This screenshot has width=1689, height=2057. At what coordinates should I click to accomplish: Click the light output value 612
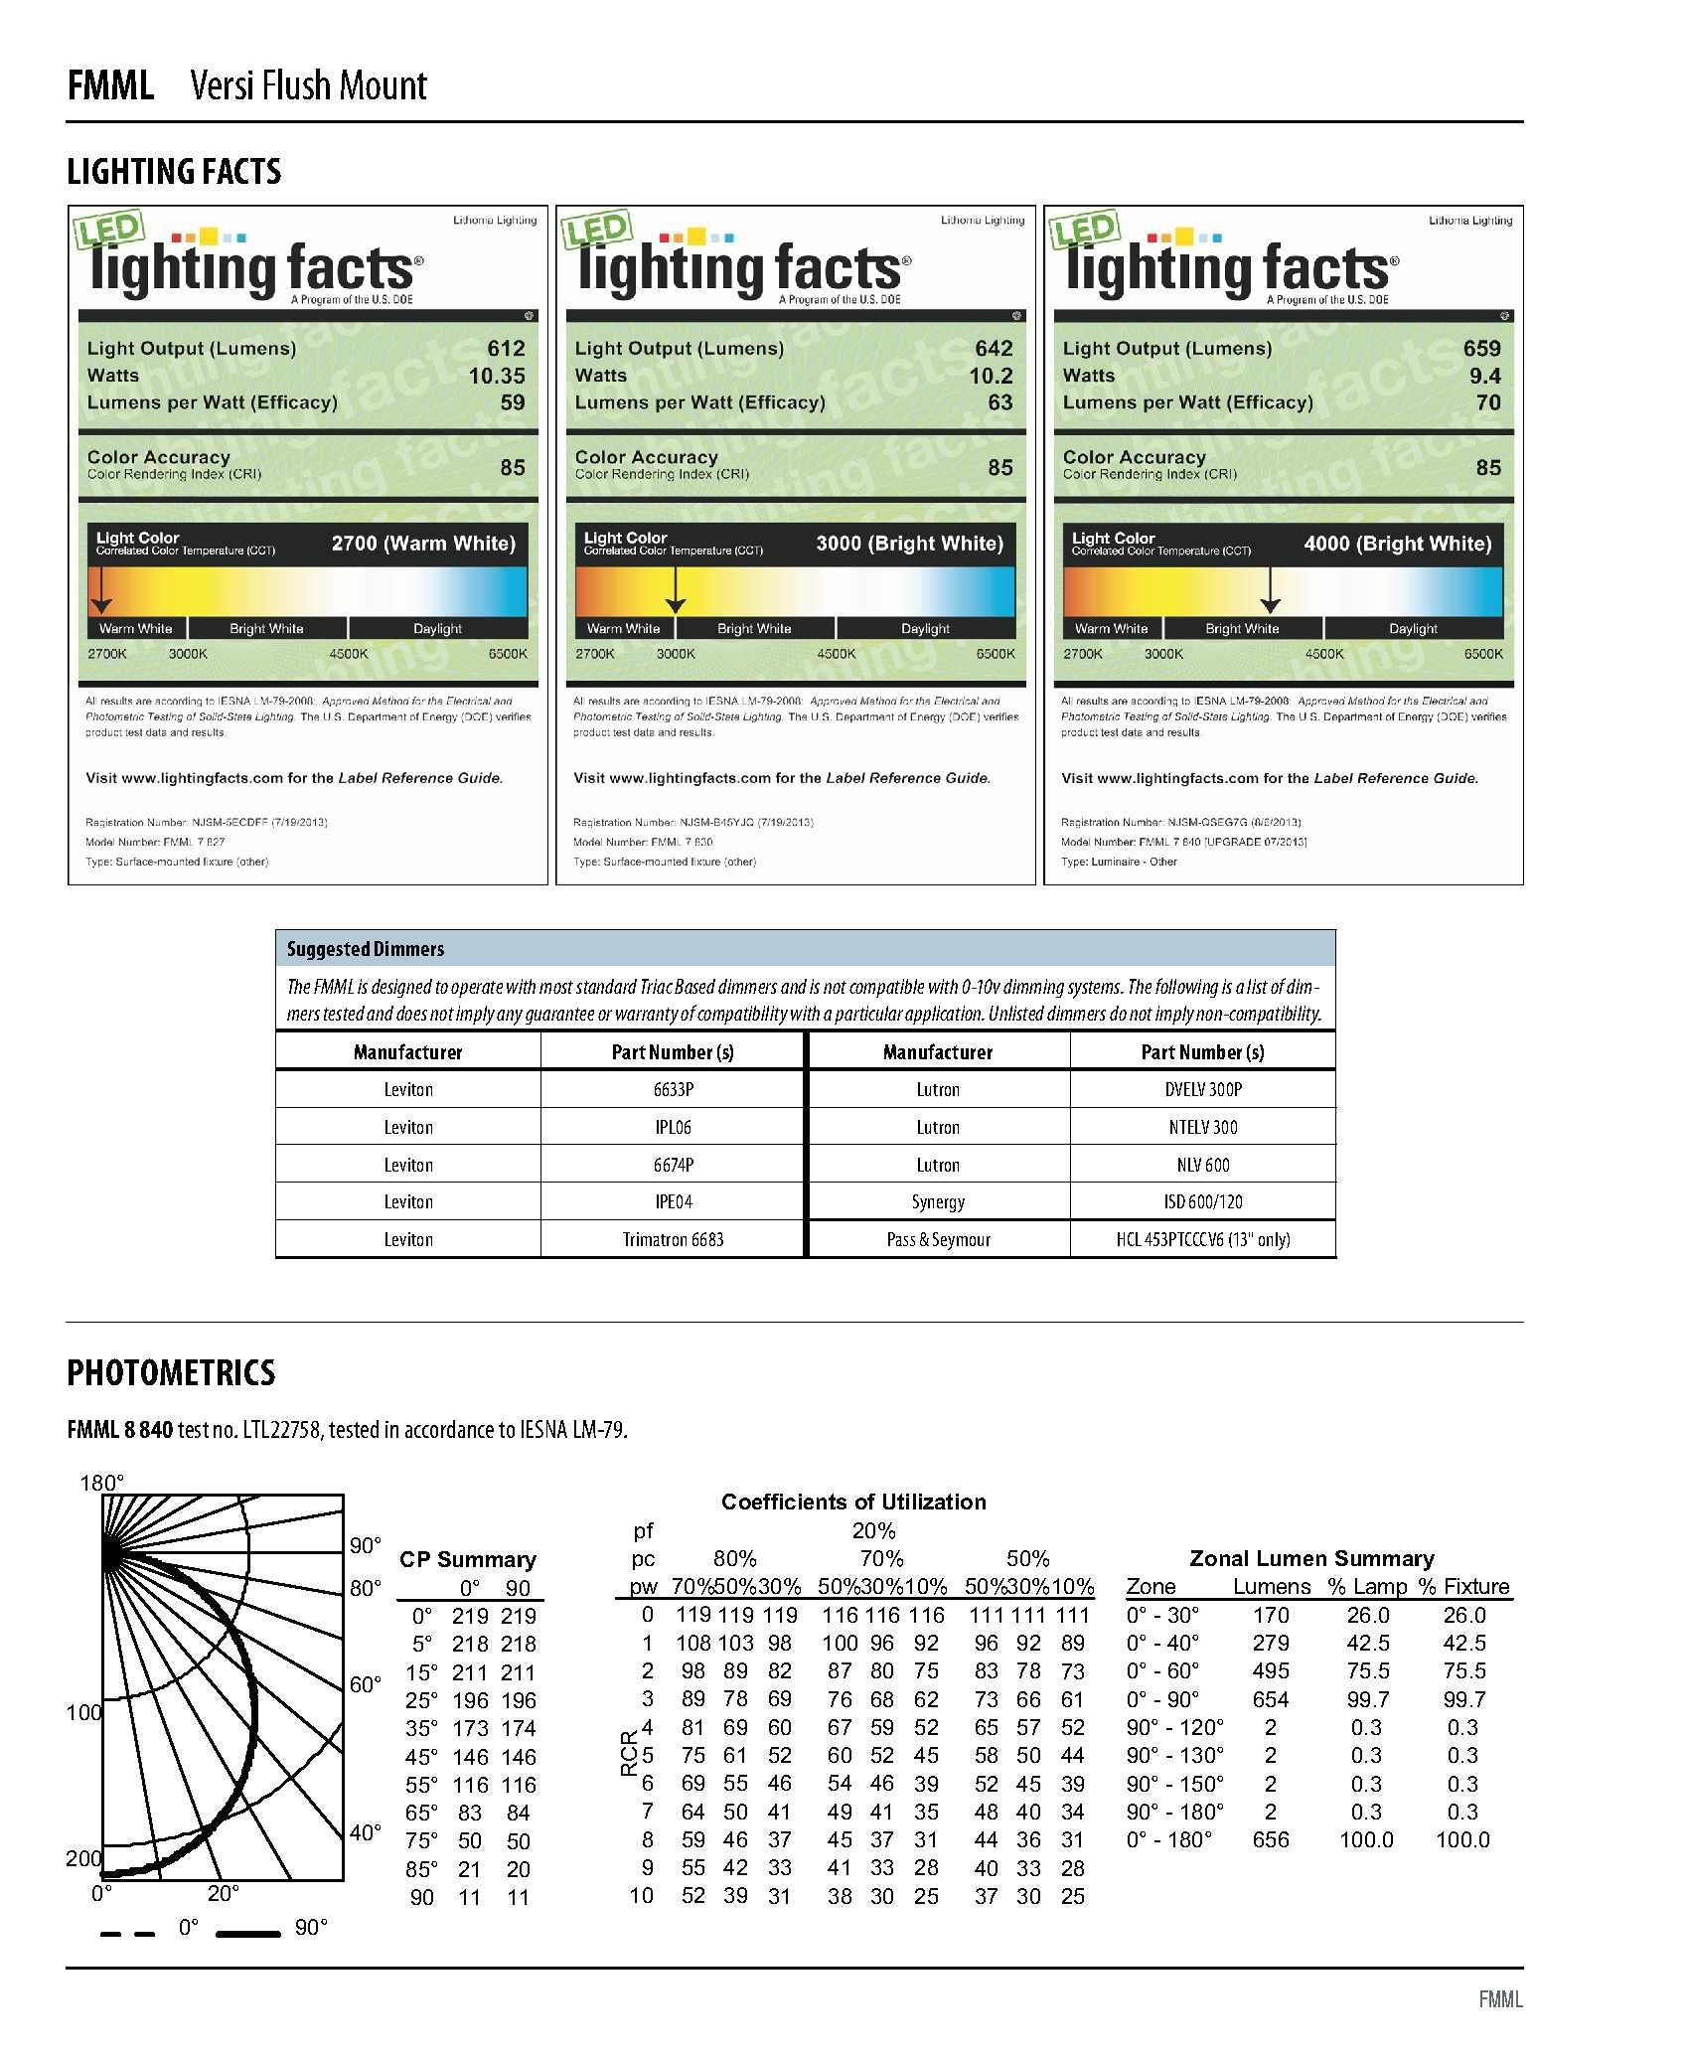coord(506,349)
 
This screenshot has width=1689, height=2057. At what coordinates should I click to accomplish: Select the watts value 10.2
coord(991,376)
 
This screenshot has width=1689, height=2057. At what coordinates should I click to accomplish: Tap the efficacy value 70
coord(1487,402)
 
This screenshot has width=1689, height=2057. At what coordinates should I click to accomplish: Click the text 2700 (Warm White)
coord(423,544)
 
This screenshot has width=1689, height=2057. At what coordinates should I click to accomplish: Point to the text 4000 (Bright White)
coord(1397,544)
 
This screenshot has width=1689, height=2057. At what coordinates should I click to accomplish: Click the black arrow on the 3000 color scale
coord(676,590)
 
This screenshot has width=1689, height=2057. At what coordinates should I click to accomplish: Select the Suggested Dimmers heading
coord(366,949)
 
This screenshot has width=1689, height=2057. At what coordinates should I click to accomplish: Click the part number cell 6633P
coord(673,1090)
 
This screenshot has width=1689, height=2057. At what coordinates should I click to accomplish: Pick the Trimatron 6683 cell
coord(673,1240)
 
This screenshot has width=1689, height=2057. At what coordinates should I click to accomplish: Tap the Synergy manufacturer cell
coord(938,1202)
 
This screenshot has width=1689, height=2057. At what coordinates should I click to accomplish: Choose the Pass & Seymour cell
coord(938,1240)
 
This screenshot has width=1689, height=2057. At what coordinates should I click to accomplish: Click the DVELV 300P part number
coord(1202,1090)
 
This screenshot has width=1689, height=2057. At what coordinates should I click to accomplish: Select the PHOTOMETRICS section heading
coord(171,1373)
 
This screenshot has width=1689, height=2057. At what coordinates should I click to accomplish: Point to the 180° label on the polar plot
coord(102,1484)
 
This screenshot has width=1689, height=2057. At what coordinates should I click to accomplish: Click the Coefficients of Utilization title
coord(853,1502)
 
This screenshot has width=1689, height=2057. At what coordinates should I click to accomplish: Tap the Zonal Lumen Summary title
coord(1311,1558)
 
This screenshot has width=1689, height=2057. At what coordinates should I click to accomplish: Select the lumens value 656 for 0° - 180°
coord(1271,1839)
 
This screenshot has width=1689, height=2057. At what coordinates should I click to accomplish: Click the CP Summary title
coord(467,1559)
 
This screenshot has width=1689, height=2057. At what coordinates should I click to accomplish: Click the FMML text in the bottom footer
coord(1500,1999)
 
